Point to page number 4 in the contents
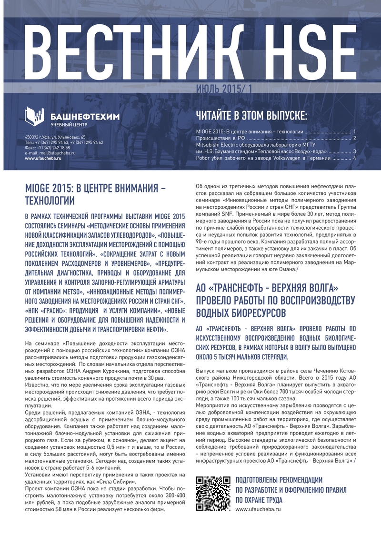[x=355, y=158]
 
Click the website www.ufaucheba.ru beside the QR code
[x=258, y=509]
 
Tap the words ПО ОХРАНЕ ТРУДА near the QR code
[x=259, y=500]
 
